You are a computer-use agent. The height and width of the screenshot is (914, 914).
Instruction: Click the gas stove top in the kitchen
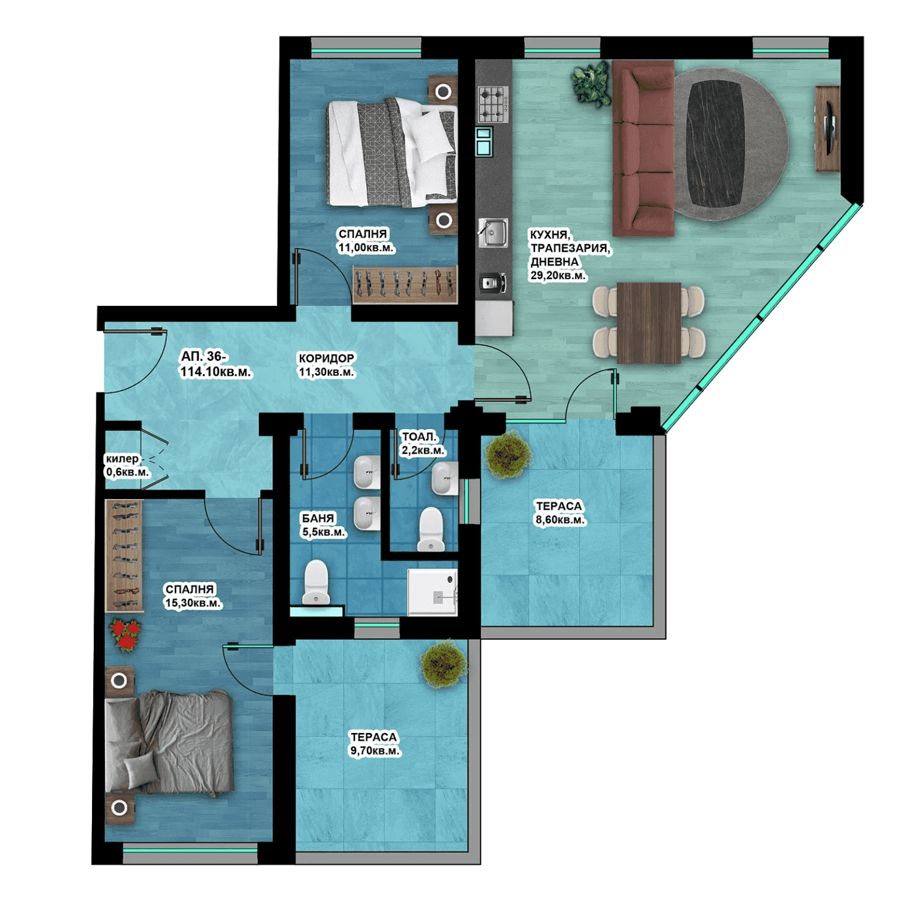(493, 104)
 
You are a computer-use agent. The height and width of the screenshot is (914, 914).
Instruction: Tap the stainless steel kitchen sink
(493, 233)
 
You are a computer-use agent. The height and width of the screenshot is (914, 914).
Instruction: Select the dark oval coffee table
(715, 144)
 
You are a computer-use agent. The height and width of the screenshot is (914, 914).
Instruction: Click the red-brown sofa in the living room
(643, 147)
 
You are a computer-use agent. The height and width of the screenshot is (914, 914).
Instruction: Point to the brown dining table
(649, 322)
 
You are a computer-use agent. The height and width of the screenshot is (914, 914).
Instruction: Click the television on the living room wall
(829, 129)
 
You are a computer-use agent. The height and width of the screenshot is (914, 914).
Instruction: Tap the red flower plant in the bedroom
(126, 635)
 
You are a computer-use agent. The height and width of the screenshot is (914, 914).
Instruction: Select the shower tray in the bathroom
(433, 592)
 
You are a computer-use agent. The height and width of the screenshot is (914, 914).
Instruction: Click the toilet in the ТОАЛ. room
(431, 529)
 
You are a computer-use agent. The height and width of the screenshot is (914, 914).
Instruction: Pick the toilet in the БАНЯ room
(316, 583)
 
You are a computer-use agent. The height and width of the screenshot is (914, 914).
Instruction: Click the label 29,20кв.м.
(558, 275)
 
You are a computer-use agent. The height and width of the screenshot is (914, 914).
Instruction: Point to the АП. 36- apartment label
(204, 356)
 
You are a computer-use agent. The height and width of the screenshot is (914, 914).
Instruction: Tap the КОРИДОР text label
(326, 358)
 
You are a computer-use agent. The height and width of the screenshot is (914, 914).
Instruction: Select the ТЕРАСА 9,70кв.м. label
(374, 744)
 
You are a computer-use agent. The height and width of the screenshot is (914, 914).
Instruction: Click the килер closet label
(122, 459)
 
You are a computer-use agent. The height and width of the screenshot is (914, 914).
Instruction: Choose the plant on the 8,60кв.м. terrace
(508, 455)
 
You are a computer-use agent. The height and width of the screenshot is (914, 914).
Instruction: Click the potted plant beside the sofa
(590, 83)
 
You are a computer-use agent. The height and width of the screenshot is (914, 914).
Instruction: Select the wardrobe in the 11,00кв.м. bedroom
(405, 284)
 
